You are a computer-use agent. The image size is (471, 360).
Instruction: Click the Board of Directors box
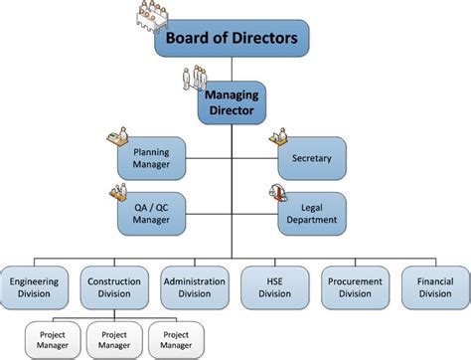(233, 40)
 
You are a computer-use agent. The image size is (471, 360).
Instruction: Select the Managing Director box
(233, 101)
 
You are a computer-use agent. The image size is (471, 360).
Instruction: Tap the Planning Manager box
(152, 157)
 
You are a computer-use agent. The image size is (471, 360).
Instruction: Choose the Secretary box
(312, 157)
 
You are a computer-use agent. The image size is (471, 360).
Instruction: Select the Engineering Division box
(35, 286)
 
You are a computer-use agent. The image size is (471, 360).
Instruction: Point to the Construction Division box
(114, 286)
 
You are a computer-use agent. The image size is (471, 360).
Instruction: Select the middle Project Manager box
(114, 339)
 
